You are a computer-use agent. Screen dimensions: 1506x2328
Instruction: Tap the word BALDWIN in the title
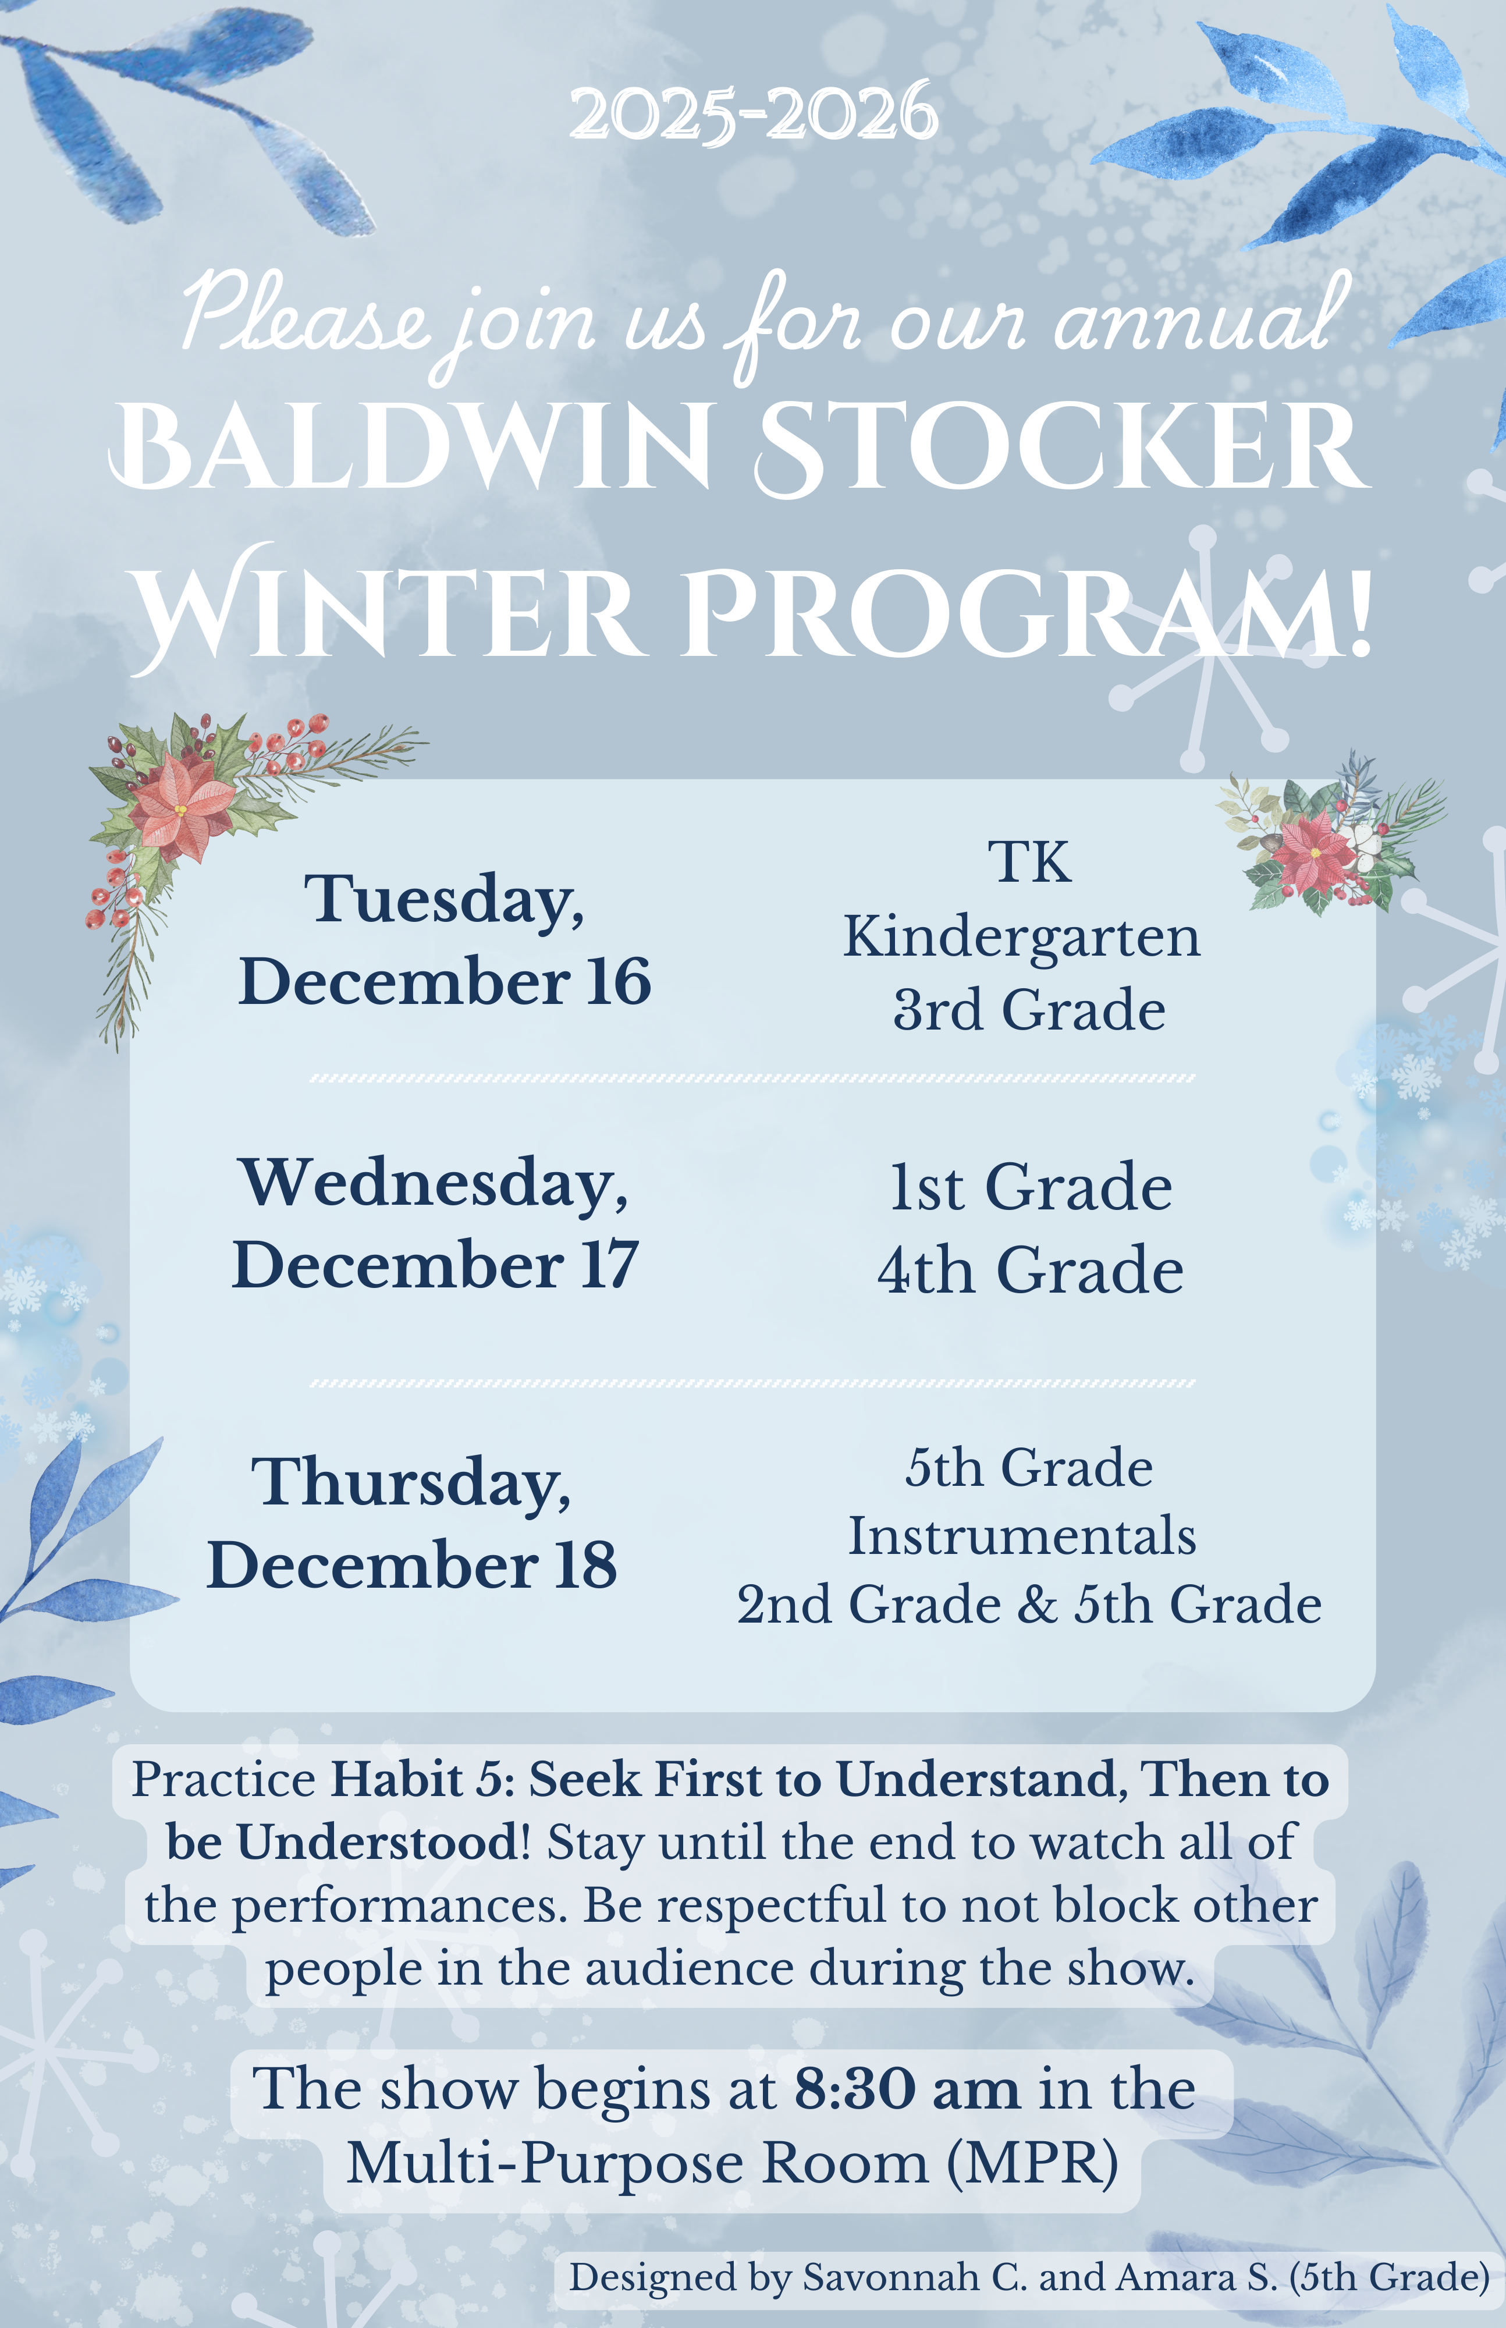coord(411,447)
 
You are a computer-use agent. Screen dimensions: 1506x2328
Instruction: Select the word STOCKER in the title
coord(1061,447)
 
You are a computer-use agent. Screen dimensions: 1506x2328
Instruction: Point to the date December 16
coord(445,981)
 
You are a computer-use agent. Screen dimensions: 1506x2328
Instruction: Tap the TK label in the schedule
coord(1029,862)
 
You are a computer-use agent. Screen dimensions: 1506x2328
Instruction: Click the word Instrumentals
coord(1022,1536)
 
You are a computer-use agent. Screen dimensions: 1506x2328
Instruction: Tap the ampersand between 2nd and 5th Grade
coord(1038,1605)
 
